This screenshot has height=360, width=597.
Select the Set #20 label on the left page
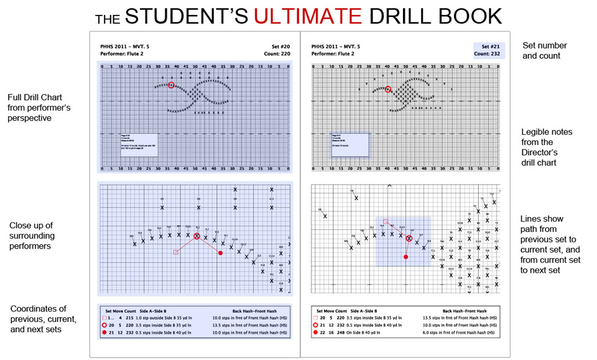pyautogui.click(x=281, y=46)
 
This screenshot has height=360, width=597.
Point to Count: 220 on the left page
pyautogui.click(x=277, y=54)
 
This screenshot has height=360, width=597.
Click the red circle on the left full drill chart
pyautogui.click(x=171, y=85)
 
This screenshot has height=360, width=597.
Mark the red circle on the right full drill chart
pyautogui.click(x=388, y=89)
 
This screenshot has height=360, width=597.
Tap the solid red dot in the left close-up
pyautogui.click(x=221, y=253)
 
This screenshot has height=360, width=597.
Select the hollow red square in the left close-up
pyautogui.click(x=176, y=252)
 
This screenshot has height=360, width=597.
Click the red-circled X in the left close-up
pyautogui.click(x=197, y=236)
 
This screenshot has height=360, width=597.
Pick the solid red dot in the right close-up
pyautogui.click(x=405, y=257)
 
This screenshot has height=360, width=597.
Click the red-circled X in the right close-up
pyautogui.click(x=409, y=238)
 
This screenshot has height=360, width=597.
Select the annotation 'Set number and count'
pyautogui.click(x=541, y=50)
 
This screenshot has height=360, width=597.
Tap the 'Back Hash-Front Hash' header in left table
pyautogui.click(x=254, y=310)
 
